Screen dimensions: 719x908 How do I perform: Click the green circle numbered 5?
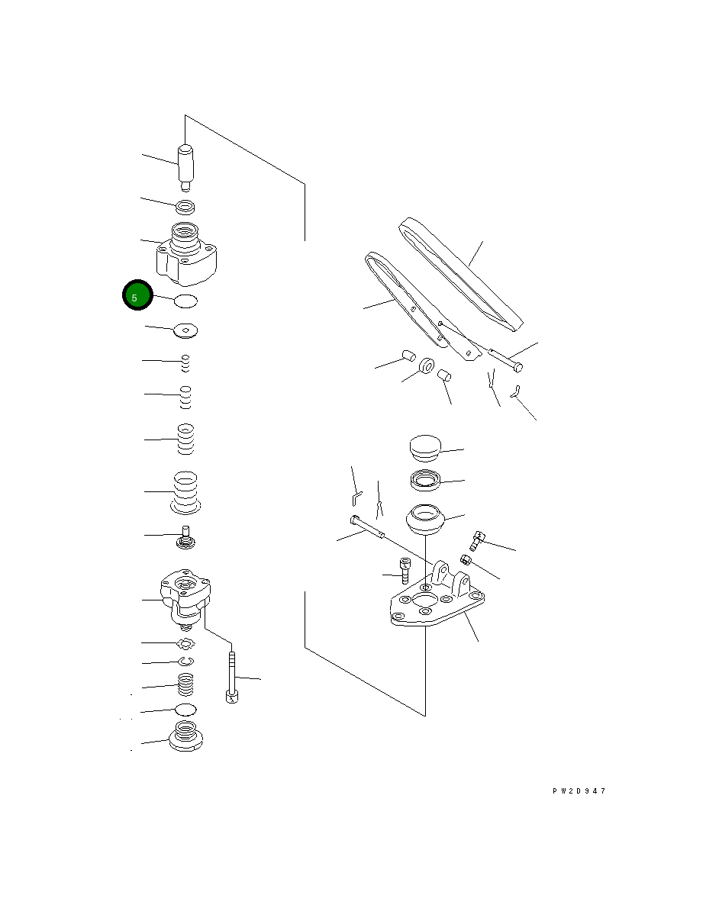[137, 295]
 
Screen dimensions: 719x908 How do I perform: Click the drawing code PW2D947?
[579, 791]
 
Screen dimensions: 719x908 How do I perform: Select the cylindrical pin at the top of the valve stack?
[185, 166]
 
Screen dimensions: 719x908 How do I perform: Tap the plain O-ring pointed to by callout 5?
[186, 301]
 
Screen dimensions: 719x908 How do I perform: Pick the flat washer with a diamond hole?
[186, 330]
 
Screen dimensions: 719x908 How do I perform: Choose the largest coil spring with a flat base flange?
[185, 493]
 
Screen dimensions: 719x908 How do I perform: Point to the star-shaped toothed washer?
[186, 643]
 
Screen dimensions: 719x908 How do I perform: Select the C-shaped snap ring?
[186, 662]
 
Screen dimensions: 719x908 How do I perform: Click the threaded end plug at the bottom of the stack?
[185, 736]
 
